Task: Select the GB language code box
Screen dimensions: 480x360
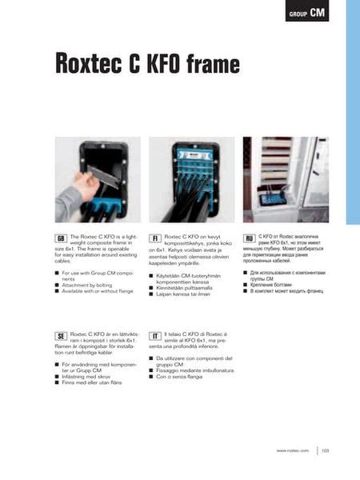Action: pos(61,238)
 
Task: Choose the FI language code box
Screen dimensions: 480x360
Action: pos(155,238)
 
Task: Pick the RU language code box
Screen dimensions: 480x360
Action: pos(250,238)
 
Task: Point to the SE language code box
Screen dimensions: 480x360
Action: pos(61,335)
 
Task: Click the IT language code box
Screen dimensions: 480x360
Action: pos(155,335)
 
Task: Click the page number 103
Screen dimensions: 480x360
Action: pos(326,451)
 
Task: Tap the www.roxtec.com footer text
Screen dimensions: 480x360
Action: pos(293,451)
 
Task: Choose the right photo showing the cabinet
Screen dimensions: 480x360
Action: pos(286,179)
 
